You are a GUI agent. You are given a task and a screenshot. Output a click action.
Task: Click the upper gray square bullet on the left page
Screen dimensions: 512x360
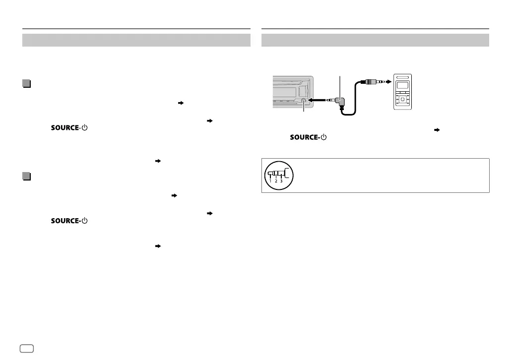tap(27, 83)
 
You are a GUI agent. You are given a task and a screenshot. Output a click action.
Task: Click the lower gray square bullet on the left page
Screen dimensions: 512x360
tap(27, 177)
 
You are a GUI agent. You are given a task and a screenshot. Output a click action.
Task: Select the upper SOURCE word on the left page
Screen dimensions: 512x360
tap(65, 128)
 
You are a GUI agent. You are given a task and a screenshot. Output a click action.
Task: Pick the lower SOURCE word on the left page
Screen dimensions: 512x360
tap(65, 221)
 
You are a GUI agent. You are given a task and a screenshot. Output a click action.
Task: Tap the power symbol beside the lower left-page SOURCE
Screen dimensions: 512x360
tap(84, 221)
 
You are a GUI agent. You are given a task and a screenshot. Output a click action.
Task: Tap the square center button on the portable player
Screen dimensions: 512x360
tap(402, 99)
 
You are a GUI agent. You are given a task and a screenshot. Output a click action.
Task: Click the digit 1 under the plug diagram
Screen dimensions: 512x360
tap(270, 181)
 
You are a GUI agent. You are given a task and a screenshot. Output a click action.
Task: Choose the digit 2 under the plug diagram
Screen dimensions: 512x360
tap(276, 181)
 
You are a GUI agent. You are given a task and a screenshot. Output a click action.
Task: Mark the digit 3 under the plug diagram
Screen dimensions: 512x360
tap(281, 181)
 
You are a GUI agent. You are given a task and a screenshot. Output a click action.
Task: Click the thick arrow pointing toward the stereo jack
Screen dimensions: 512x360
tap(316, 100)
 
